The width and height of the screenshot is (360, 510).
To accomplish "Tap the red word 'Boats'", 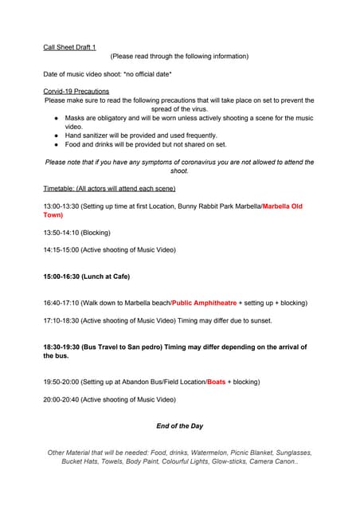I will coord(216,382).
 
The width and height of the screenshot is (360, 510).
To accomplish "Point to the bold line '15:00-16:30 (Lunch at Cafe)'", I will coord(86,277).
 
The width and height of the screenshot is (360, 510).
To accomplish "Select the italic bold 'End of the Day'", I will coord(179,426).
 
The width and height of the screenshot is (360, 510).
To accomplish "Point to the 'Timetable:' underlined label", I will coord(61,188).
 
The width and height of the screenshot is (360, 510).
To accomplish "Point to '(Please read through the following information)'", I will coord(179,56).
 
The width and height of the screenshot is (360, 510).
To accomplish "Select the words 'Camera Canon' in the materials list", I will coord(273,461).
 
